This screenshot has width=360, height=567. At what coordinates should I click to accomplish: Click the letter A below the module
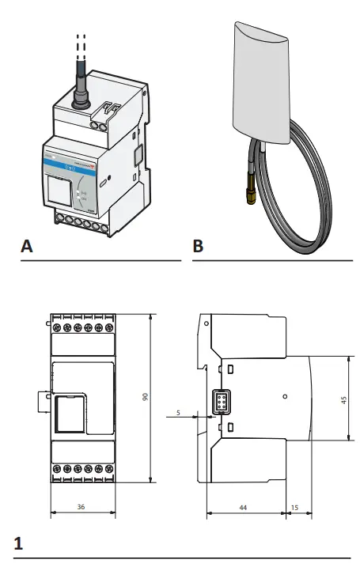27,247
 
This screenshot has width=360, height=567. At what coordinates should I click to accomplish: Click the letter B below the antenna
198,247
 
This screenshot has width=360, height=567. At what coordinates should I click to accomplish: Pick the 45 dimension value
343,400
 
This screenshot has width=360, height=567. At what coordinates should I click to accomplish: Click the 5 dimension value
179,412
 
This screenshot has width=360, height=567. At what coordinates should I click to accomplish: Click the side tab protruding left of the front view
44,401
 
